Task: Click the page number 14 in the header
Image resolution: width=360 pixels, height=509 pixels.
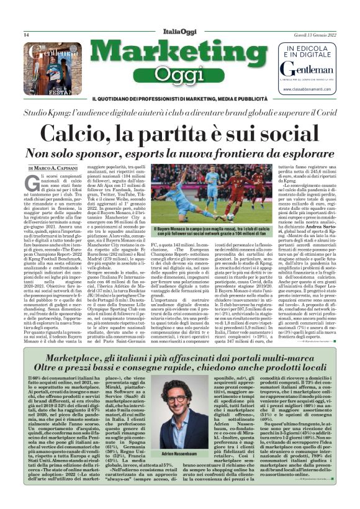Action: click(x=26, y=35)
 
